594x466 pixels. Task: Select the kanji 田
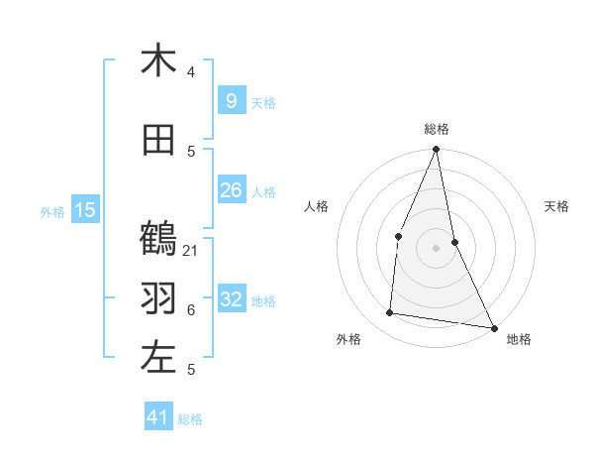click(x=158, y=141)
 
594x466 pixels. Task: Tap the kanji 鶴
click(x=158, y=239)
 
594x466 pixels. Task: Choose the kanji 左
click(x=158, y=357)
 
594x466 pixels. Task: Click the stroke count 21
click(x=191, y=250)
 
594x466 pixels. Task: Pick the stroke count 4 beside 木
click(x=191, y=72)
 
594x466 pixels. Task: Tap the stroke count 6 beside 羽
click(x=191, y=309)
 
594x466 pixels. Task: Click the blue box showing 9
click(x=231, y=100)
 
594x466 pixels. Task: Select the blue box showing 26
click(x=231, y=189)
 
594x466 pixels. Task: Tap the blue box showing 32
click(x=231, y=298)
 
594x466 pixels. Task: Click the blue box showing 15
click(x=85, y=209)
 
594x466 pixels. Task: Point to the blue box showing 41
click(x=158, y=417)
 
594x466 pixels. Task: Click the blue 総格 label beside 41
click(x=190, y=419)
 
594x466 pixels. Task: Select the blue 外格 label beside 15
click(x=52, y=211)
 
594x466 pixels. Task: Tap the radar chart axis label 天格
click(x=557, y=206)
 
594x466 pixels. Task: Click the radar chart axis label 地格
click(x=519, y=339)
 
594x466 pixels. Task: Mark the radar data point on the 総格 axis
click(x=437, y=150)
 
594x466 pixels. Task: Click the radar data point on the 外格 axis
click(x=390, y=313)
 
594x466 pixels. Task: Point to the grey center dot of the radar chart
click(x=437, y=248)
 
